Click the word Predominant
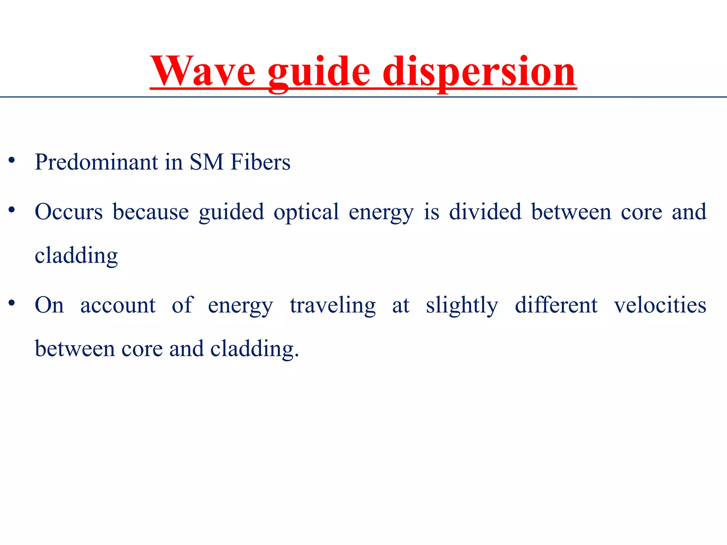click(96, 162)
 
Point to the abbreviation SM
click(206, 162)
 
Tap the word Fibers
click(260, 162)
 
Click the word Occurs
click(69, 212)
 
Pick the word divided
click(485, 212)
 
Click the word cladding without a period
click(76, 256)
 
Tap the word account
click(118, 305)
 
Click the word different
click(556, 305)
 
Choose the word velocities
click(660, 305)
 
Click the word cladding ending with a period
click(255, 349)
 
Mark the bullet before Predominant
click(12, 160)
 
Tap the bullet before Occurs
click(12, 210)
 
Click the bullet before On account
click(12, 303)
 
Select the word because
click(151, 212)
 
